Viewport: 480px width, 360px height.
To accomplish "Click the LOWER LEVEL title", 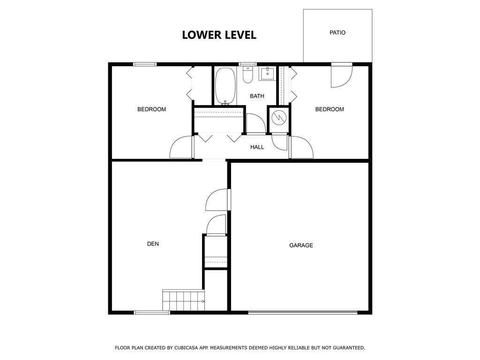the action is point(219,35).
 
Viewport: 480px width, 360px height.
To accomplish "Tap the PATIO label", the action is point(337,32).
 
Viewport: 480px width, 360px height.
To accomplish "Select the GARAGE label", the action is point(301,245).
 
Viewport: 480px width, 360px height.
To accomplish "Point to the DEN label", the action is point(153,244).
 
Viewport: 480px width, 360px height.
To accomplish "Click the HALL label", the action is point(257,147).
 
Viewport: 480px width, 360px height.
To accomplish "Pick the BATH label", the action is point(257,96).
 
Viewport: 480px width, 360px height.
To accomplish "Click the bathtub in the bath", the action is point(225,86).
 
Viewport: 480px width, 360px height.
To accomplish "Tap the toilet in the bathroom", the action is point(247,75).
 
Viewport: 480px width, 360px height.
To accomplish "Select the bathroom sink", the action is point(268,74).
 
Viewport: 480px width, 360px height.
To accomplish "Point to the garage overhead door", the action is point(302,312).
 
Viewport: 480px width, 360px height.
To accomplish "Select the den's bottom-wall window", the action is point(152,312).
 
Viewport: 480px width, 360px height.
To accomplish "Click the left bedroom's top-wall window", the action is point(145,64).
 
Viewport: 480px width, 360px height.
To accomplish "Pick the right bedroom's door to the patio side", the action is point(342,75).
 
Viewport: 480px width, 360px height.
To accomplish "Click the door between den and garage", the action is point(218,200).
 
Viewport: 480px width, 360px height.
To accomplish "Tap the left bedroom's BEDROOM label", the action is point(151,109).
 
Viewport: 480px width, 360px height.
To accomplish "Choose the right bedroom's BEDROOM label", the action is point(330,109).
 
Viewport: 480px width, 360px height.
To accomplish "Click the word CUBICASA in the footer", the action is point(187,348).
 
